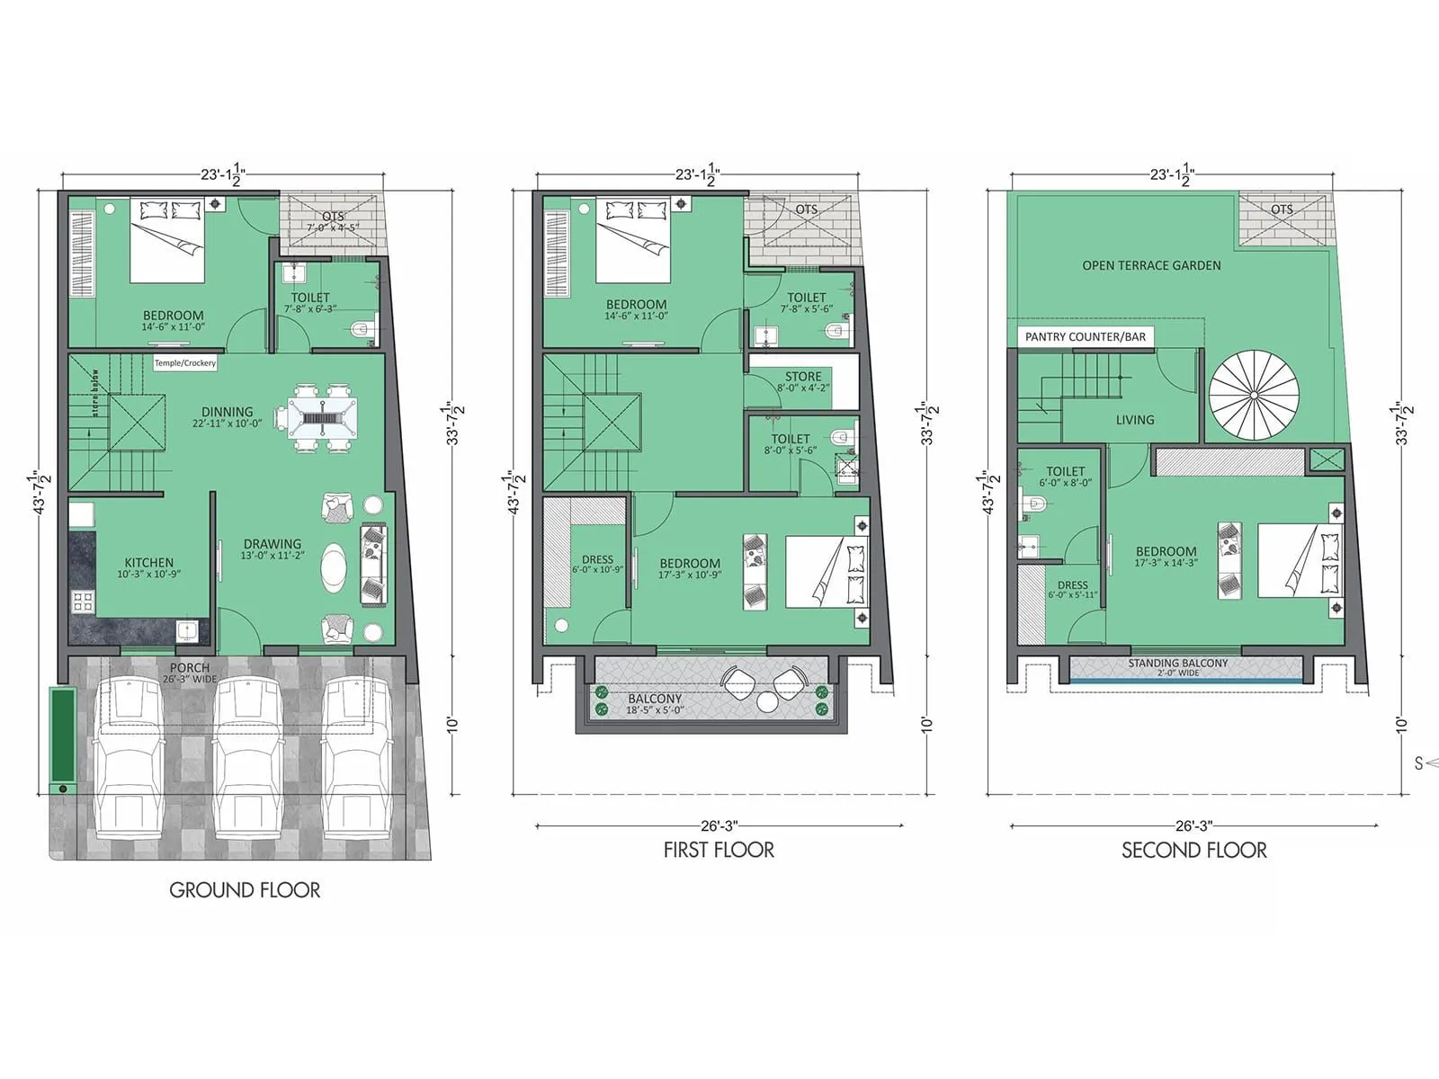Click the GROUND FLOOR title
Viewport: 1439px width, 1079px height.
coord(245,890)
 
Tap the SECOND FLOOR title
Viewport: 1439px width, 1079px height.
coord(1193,851)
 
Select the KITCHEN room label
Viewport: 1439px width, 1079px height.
coord(149,563)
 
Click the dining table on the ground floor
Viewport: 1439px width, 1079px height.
coord(316,417)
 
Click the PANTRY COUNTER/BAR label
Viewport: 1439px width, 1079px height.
coord(1086,337)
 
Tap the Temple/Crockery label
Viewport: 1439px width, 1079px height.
coord(185,363)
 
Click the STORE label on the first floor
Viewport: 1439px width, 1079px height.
coord(803,377)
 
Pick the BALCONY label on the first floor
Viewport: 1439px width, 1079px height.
coord(655,699)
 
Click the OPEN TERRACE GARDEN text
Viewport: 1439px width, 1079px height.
coord(1151,265)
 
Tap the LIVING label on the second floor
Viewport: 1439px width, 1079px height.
coord(1135,420)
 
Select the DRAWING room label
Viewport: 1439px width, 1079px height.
coord(273,544)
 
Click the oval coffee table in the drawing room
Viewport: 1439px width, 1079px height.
coord(333,568)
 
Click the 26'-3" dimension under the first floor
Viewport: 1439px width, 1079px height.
coord(719,825)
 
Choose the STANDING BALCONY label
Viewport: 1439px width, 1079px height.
coord(1177,663)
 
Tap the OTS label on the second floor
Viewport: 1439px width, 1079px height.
coord(1282,210)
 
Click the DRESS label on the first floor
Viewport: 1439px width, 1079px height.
coord(597,559)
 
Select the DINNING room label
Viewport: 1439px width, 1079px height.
coord(227,412)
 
